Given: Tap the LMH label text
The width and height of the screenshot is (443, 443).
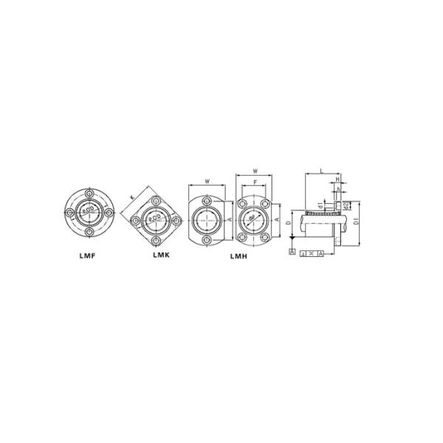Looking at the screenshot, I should pos(237,255).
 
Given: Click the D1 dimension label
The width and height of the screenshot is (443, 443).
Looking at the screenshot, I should pos(356,220).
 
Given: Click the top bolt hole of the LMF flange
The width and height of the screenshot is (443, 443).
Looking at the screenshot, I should pos(89,193).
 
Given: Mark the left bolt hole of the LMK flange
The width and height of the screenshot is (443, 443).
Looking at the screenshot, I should pos(137,219).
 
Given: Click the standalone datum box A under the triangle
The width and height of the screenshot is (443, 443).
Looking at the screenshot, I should pos(293,253).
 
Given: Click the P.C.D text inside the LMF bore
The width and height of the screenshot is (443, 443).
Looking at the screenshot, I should pos(89,213).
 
